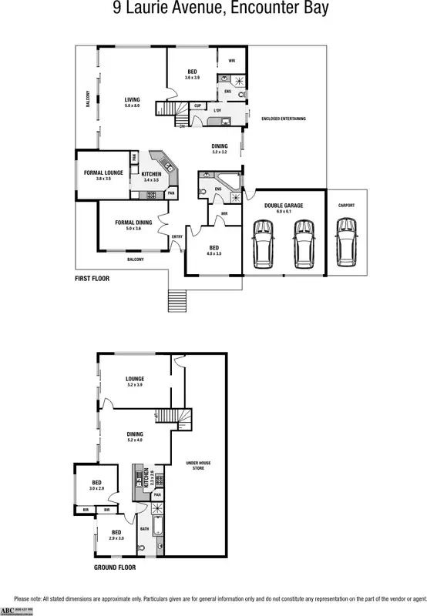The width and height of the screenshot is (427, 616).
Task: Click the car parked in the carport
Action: [346, 244]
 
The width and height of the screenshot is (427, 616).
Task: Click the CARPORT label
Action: [346, 205]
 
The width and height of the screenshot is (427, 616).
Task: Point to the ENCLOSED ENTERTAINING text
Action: [284, 119]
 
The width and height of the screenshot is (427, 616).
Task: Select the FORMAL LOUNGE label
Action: [103, 173]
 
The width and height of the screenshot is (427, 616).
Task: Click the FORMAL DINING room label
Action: [133, 224]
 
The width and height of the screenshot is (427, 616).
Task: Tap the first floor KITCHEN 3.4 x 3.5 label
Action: [150, 176]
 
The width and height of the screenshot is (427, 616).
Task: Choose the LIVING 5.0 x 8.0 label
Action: [133, 101]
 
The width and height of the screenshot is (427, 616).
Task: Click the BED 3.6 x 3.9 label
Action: [192, 74]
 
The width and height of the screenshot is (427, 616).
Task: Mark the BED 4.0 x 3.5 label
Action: [213, 249]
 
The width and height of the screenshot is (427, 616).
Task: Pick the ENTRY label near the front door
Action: [177, 236]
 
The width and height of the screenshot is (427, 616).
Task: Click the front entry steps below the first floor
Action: [177, 297]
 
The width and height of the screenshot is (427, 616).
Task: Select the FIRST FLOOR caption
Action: [92, 278]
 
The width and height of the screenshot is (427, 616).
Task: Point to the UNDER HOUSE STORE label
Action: [198, 465]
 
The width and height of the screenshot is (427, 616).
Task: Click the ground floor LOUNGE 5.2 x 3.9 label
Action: [136, 380]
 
